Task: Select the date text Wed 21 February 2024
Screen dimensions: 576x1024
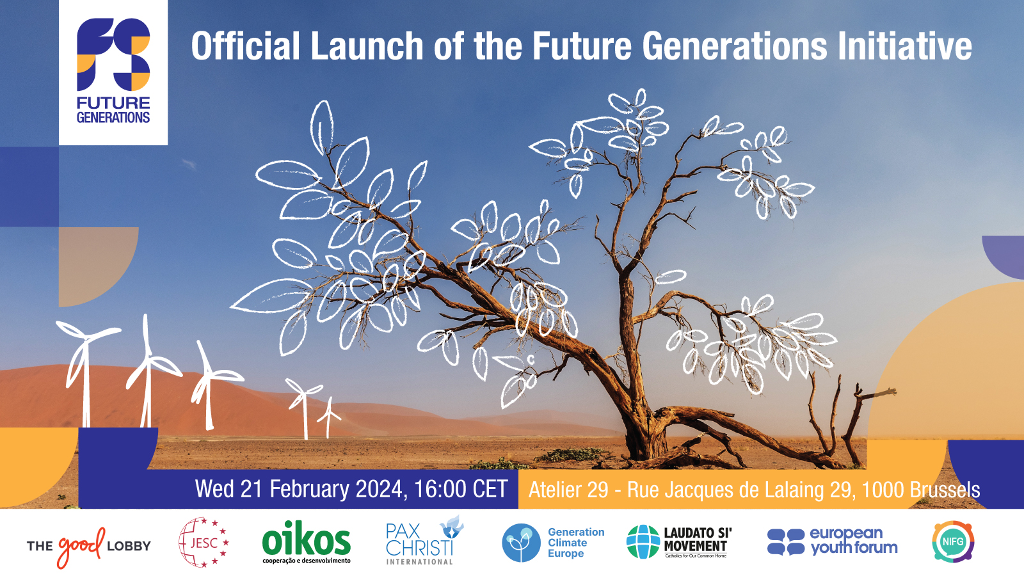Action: pyautogui.click(x=300, y=490)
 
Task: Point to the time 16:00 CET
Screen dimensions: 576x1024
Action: pyautogui.click(x=461, y=490)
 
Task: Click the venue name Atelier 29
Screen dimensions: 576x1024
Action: pyautogui.click(x=568, y=490)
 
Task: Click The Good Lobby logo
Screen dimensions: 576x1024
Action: pyautogui.click(x=88, y=546)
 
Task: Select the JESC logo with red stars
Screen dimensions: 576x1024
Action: pyautogui.click(x=204, y=543)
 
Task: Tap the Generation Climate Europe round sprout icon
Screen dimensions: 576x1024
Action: pyautogui.click(x=521, y=543)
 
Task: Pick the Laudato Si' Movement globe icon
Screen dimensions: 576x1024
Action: pyautogui.click(x=643, y=541)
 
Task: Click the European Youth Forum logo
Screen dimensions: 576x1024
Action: pyautogui.click(x=832, y=541)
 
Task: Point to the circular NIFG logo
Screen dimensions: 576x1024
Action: pyautogui.click(x=953, y=541)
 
